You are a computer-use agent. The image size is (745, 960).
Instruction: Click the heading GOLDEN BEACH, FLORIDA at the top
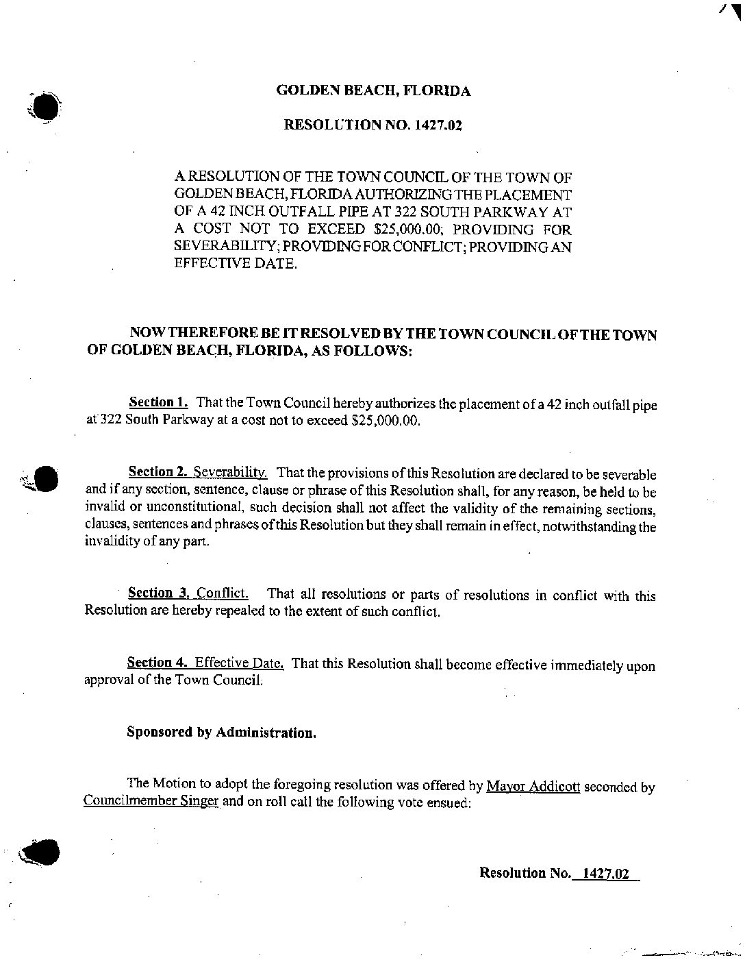point(372,90)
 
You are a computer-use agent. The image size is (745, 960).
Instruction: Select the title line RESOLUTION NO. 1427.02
point(372,125)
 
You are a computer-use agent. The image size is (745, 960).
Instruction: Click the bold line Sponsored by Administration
point(222,732)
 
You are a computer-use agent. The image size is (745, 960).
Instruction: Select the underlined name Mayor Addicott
point(533,786)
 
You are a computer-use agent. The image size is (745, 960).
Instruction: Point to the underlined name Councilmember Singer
point(151,802)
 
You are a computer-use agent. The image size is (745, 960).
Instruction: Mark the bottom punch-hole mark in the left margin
point(42,852)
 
